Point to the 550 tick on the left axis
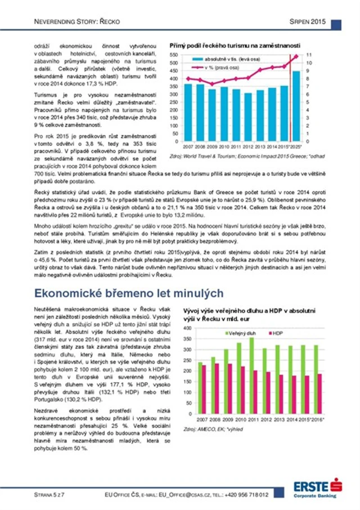[x=173, y=55]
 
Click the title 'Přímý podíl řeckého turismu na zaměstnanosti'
[x=235, y=44]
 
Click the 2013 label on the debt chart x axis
[x=277, y=420]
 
